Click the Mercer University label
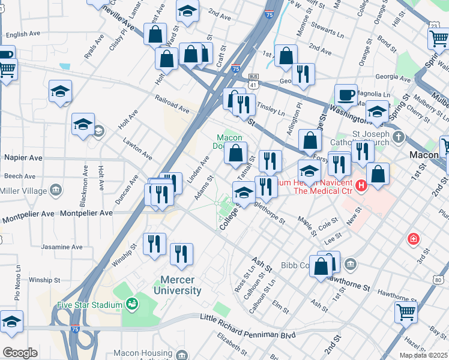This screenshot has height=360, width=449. pyautogui.click(x=181, y=285)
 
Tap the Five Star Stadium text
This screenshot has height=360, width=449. pyautogui.click(x=89, y=305)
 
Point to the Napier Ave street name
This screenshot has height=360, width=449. pyautogui.click(x=23, y=157)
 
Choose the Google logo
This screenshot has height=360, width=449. pyautogui.click(x=20, y=353)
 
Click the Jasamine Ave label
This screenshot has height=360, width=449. pyautogui.click(x=62, y=247)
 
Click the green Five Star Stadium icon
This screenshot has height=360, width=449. pyautogui.click(x=131, y=304)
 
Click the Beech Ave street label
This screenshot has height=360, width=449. pyautogui.click(x=20, y=176)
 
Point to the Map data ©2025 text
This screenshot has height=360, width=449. pyautogui.click(x=424, y=355)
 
